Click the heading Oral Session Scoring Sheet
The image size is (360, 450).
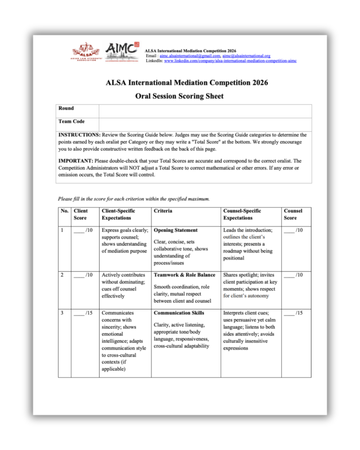pos(179,96)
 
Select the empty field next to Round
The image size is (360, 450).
pos(205,111)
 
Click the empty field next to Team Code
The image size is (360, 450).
pos(205,124)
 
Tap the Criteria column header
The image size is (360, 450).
pos(163,211)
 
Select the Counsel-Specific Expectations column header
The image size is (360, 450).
pos(242,214)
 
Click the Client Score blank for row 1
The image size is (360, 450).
pos(79,230)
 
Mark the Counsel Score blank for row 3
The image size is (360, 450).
pos(289,313)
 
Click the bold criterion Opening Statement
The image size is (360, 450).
pos(175,230)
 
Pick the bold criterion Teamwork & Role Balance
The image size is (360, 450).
pos(184,275)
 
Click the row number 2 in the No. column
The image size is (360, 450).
pos(62,275)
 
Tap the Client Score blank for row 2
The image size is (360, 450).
pos(79,275)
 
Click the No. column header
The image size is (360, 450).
pos(65,211)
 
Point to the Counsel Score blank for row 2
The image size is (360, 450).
pos(289,275)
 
